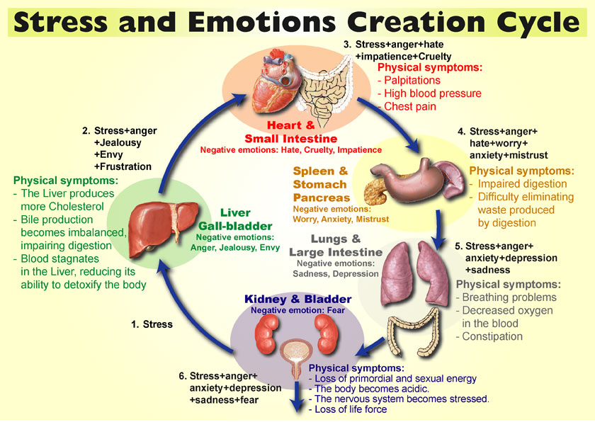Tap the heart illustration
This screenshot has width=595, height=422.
(274, 81)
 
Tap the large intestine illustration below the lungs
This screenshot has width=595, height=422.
(414, 333)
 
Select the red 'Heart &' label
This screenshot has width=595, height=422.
(291, 125)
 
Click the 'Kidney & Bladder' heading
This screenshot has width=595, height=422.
(298, 300)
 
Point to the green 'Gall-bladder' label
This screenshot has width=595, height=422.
(235, 227)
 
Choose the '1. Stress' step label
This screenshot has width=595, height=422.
(152, 324)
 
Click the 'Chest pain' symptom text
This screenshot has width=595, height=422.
(410, 106)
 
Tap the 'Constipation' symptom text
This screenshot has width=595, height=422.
(492, 336)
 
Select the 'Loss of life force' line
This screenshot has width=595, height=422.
(351, 409)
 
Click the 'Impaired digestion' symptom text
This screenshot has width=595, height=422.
(522, 184)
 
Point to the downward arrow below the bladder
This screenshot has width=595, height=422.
(297, 397)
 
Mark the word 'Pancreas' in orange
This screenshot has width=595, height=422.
(322, 198)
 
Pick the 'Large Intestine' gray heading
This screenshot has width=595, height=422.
(336, 252)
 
